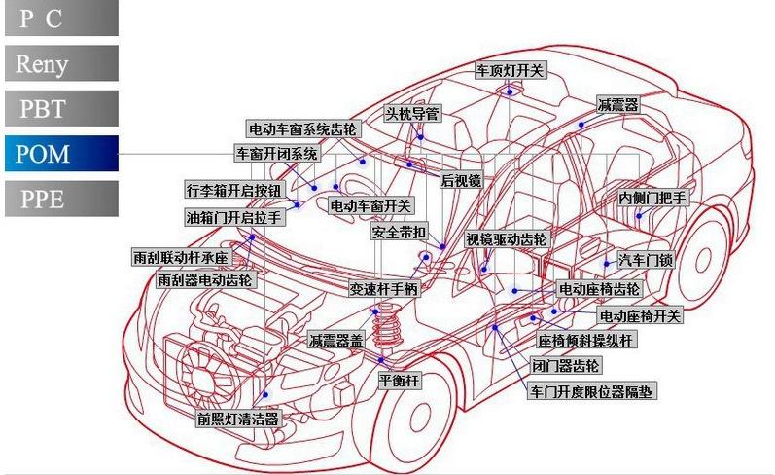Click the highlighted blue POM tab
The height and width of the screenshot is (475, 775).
[x=62, y=154]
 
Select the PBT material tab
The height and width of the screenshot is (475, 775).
[x=62, y=108]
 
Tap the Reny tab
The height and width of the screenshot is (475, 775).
[x=62, y=63]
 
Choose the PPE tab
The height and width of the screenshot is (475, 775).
[x=62, y=199]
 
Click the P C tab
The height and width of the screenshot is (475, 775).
[x=62, y=18]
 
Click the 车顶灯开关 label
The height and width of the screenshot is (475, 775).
[x=511, y=70]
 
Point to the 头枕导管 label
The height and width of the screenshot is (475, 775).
[x=412, y=114]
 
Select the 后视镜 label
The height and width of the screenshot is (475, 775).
[x=461, y=181]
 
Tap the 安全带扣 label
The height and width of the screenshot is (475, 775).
[x=399, y=232]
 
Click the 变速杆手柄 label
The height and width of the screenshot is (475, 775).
[x=384, y=288]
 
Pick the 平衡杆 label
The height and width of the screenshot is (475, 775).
[x=399, y=380]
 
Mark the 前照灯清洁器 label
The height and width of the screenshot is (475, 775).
[x=238, y=420]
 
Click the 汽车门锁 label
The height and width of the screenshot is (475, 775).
[x=646, y=260]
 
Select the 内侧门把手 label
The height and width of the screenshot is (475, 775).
[x=652, y=198]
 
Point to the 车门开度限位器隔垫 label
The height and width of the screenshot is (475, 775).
[x=591, y=391]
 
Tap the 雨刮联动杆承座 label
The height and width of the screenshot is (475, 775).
[x=181, y=257]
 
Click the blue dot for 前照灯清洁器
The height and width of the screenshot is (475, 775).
[x=265, y=394]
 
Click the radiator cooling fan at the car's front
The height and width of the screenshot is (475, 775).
[x=202, y=378]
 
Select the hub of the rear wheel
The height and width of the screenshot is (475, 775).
[x=702, y=260]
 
